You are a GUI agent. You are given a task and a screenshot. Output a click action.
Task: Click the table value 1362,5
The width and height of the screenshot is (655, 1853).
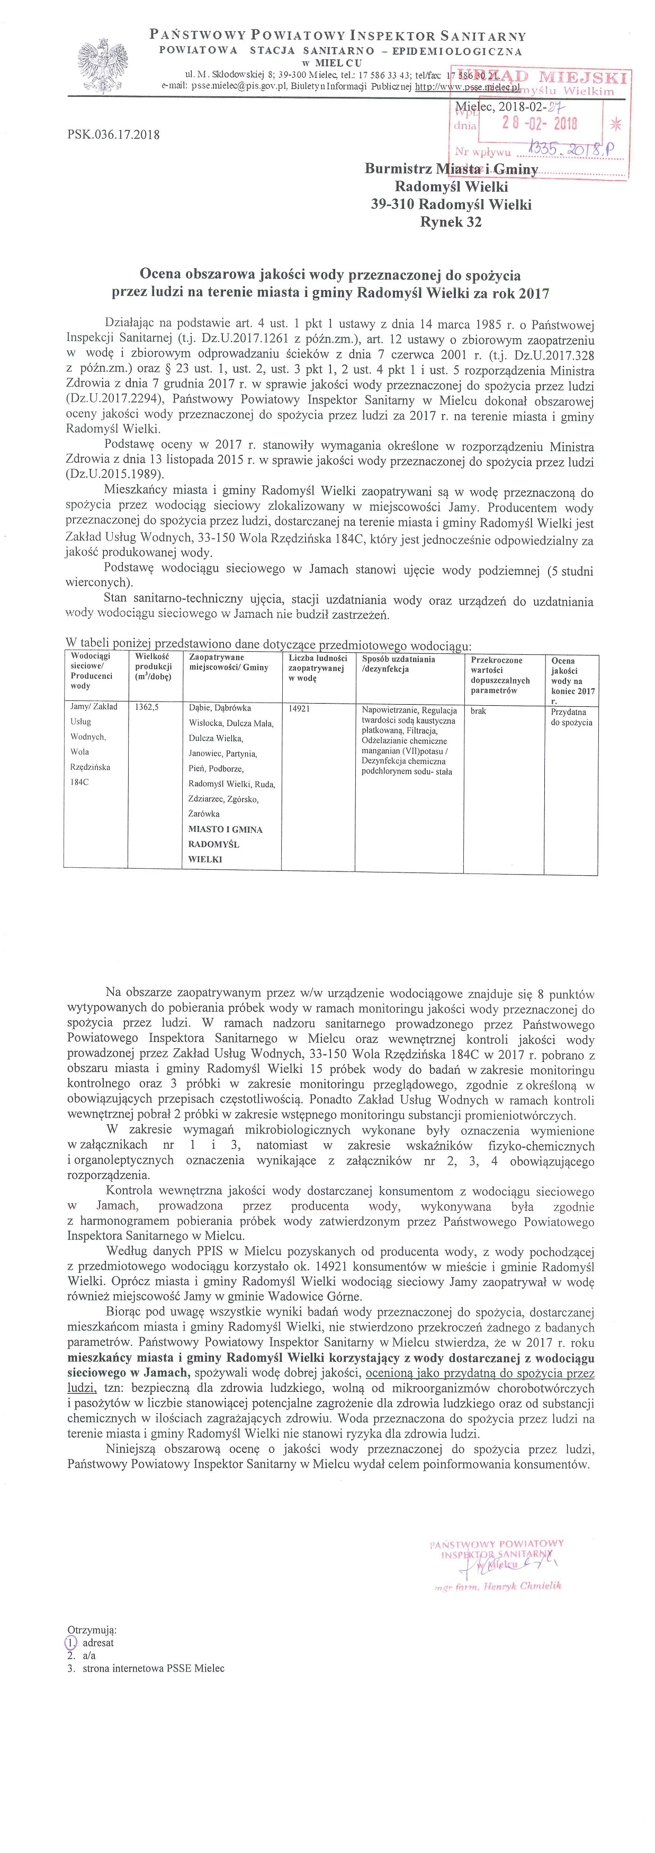pyautogui.click(x=147, y=707)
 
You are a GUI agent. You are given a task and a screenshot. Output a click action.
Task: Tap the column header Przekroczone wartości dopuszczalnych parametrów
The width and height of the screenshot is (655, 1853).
pyautogui.click(x=500, y=674)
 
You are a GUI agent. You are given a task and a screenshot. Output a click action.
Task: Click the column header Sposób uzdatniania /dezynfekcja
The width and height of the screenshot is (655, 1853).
pyautogui.click(x=399, y=664)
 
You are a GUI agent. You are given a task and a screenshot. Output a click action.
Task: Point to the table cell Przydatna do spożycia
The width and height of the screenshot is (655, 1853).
pyautogui.click(x=571, y=716)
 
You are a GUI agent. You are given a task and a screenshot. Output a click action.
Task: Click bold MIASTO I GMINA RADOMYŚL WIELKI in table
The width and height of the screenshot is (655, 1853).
pyautogui.click(x=225, y=844)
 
